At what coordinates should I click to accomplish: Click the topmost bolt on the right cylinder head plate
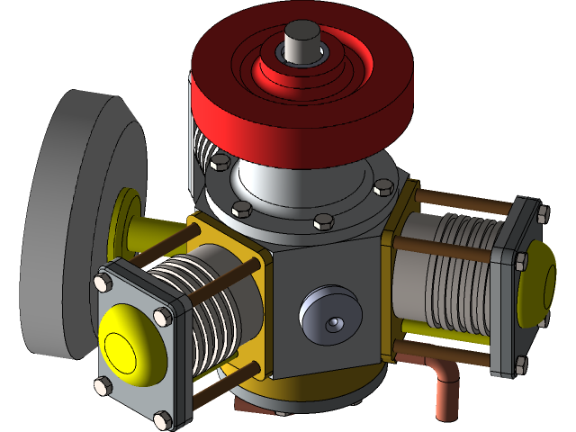click(542, 212)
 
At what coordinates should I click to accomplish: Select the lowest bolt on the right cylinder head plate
click(519, 364)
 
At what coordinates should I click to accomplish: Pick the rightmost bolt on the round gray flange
click(383, 186)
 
